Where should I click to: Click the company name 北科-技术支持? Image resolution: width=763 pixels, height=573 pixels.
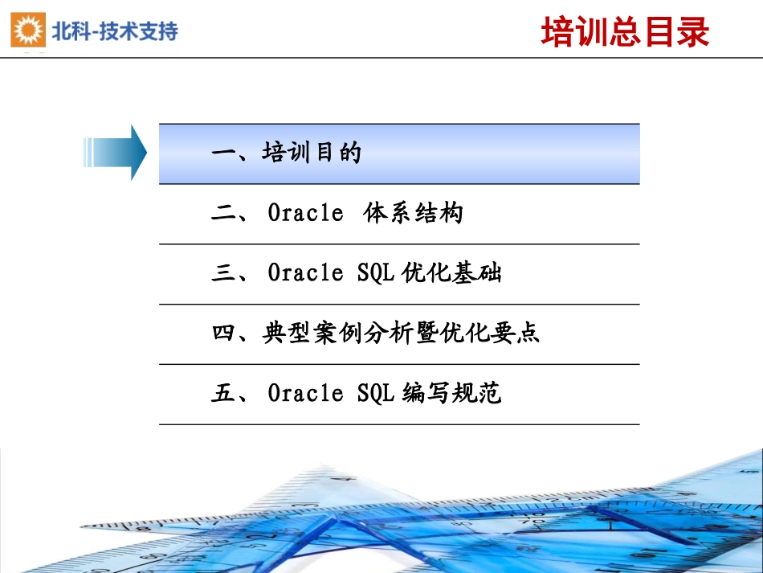pyautogui.click(x=113, y=31)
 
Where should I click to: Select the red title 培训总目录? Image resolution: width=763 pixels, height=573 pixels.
pyautogui.click(x=625, y=33)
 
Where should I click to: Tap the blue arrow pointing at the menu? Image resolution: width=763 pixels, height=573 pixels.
pyautogui.click(x=115, y=152)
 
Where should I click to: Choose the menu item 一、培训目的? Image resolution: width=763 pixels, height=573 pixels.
pyautogui.click(x=287, y=153)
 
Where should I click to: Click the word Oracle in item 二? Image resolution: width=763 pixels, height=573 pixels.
pyautogui.click(x=305, y=214)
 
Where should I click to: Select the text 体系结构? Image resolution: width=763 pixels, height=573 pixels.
pyautogui.click(x=414, y=214)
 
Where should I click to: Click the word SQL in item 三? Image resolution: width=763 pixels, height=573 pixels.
pyautogui.click(x=375, y=274)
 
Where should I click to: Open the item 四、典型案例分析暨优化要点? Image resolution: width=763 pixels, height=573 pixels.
pyautogui.click(x=375, y=334)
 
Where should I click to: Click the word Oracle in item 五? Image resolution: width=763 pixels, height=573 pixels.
pyautogui.click(x=305, y=394)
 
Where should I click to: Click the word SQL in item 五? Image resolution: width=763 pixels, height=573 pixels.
pyautogui.click(x=375, y=394)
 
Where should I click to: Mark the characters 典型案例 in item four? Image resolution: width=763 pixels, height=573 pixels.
pyautogui.click(x=312, y=334)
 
